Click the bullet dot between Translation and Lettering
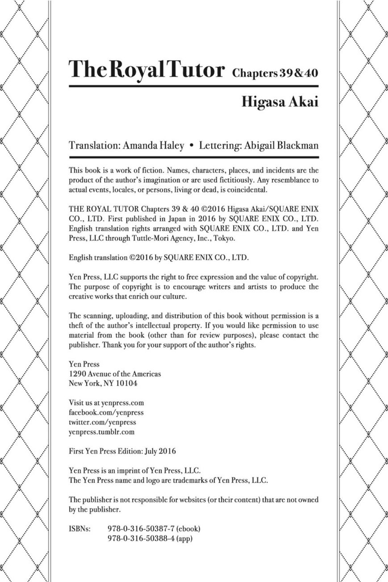(x=192, y=146)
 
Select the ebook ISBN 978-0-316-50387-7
(x=142, y=528)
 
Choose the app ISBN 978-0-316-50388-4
(x=142, y=538)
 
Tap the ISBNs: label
(x=80, y=528)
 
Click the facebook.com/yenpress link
(x=106, y=413)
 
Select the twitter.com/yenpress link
(x=102, y=422)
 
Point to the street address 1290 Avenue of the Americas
(x=115, y=374)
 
